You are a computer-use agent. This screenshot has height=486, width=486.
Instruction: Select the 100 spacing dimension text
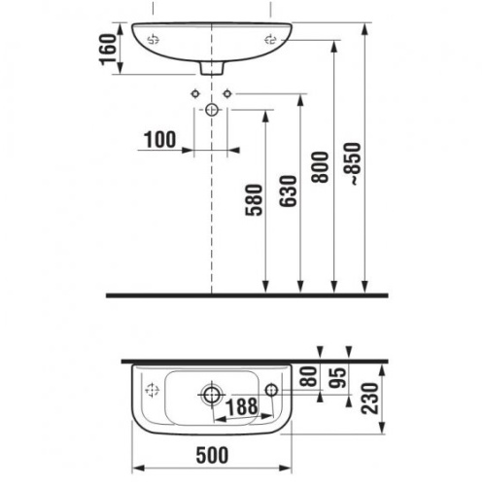(158, 140)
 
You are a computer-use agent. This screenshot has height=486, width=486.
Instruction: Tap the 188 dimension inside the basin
(243, 407)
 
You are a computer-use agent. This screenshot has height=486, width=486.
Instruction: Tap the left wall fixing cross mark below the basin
(196, 94)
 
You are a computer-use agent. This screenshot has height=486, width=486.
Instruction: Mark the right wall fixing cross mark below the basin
(228, 94)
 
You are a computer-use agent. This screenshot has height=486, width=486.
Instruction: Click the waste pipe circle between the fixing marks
(212, 111)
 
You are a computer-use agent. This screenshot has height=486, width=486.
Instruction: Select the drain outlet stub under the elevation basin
(212, 68)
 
